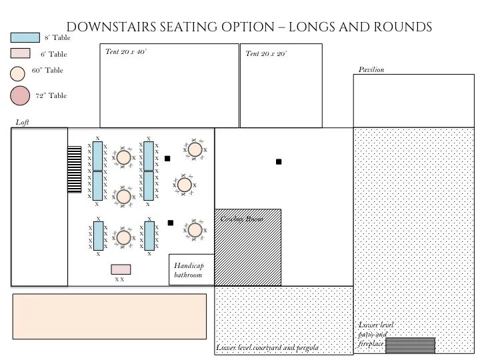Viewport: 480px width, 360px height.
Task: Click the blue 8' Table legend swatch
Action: point(25,39)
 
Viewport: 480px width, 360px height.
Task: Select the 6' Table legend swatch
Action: point(20,54)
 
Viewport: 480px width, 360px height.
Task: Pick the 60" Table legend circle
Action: point(19,72)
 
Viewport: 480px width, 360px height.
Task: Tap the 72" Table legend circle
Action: point(21,97)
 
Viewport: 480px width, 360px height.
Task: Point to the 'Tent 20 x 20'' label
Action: point(266,54)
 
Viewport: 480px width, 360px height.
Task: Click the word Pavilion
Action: point(372,69)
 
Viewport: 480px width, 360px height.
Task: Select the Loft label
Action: point(23,122)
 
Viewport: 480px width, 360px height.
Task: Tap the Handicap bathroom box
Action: point(191,270)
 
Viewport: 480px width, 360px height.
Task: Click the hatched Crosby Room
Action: point(247,247)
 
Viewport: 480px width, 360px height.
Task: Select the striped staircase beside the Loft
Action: point(74,169)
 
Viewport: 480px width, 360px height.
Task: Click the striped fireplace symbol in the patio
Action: point(410,345)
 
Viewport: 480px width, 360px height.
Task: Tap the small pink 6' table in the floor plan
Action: point(121,269)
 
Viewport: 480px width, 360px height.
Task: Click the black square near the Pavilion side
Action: point(279,162)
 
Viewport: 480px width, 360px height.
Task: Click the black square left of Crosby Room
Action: point(171,223)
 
